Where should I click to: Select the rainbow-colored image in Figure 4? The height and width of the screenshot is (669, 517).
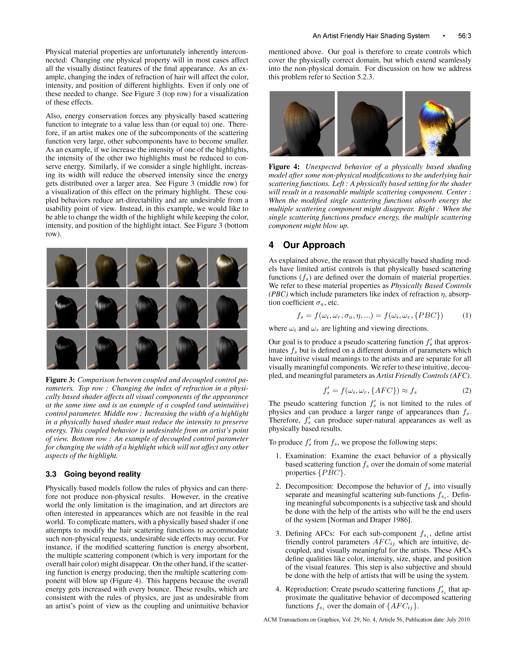pyautogui.click(x=437, y=124)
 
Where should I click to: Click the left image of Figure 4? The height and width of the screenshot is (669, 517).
pyautogui.click(x=302, y=124)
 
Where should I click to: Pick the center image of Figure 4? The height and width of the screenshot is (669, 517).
pyautogui.click(x=370, y=124)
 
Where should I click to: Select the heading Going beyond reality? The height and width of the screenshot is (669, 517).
pyautogui.click(x=102, y=474)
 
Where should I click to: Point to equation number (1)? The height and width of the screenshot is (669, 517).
pyautogui.click(x=466, y=316)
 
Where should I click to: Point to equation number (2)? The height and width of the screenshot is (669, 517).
pyautogui.click(x=466, y=391)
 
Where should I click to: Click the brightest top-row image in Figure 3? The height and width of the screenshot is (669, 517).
pyautogui.click(x=227, y=267)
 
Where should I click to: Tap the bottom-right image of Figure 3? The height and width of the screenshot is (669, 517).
pyautogui.click(x=227, y=350)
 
